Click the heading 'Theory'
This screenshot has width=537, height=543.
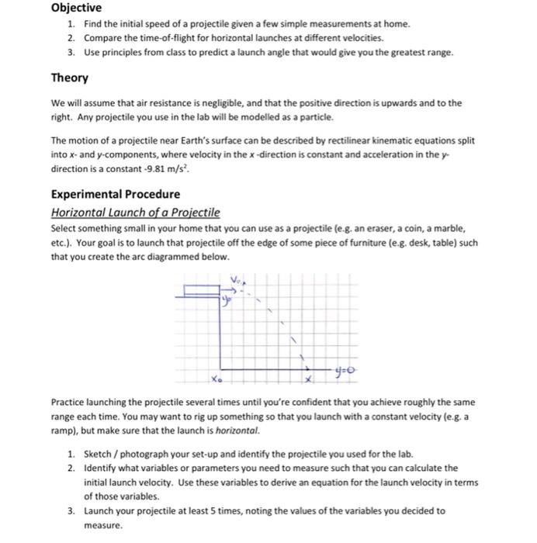[x=70, y=78]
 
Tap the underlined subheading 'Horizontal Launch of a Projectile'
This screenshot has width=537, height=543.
[x=135, y=213]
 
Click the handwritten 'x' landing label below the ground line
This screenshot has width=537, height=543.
[x=307, y=381]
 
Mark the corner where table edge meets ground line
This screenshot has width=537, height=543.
[x=221, y=369]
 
